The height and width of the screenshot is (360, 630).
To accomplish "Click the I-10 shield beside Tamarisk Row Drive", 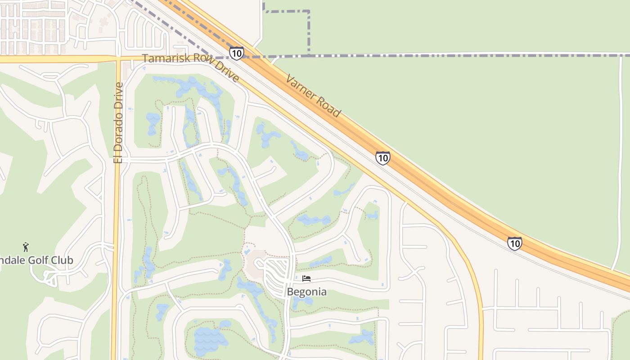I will [x=236, y=53].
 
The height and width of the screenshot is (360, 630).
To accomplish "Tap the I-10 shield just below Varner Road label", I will [x=382, y=158].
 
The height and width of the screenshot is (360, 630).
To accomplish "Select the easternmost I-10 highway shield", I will [x=514, y=243].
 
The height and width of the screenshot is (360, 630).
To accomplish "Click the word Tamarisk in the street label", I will [x=162, y=58].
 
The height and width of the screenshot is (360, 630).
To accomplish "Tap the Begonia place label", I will [x=307, y=292].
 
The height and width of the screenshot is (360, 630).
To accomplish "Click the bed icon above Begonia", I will [x=306, y=279].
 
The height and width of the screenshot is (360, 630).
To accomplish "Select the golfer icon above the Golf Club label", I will [x=26, y=247].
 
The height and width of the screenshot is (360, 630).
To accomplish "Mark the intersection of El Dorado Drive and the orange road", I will [x=118, y=58].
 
